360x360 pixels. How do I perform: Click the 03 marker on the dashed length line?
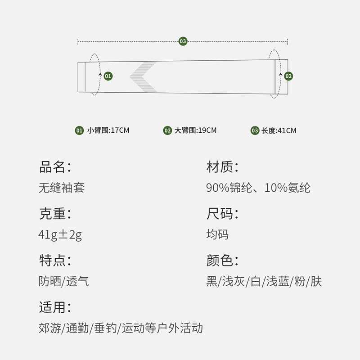coord(183,41)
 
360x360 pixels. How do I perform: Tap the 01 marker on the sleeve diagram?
coord(108,76)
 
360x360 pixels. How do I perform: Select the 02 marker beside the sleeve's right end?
coord(288,76)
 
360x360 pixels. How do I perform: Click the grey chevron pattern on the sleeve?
coord(143,76)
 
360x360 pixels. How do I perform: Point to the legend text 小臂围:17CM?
coord(108,130)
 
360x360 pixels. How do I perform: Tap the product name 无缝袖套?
coord(61,188)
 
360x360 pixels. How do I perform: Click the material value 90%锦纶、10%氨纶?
coord(258,188)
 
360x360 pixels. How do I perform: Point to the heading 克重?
coord(55,214)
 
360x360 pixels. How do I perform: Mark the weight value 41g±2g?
coord(60,234)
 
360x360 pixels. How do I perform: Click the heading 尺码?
coord(222,214)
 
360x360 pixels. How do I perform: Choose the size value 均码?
coord(217,234)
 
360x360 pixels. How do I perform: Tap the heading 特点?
coord(55,261)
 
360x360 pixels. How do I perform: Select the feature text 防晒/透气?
coord(63,281)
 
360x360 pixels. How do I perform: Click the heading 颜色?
coord(222,261)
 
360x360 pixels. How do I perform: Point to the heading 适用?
coord(55,307)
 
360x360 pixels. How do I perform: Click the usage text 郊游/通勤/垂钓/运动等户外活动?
coord(121,328)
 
